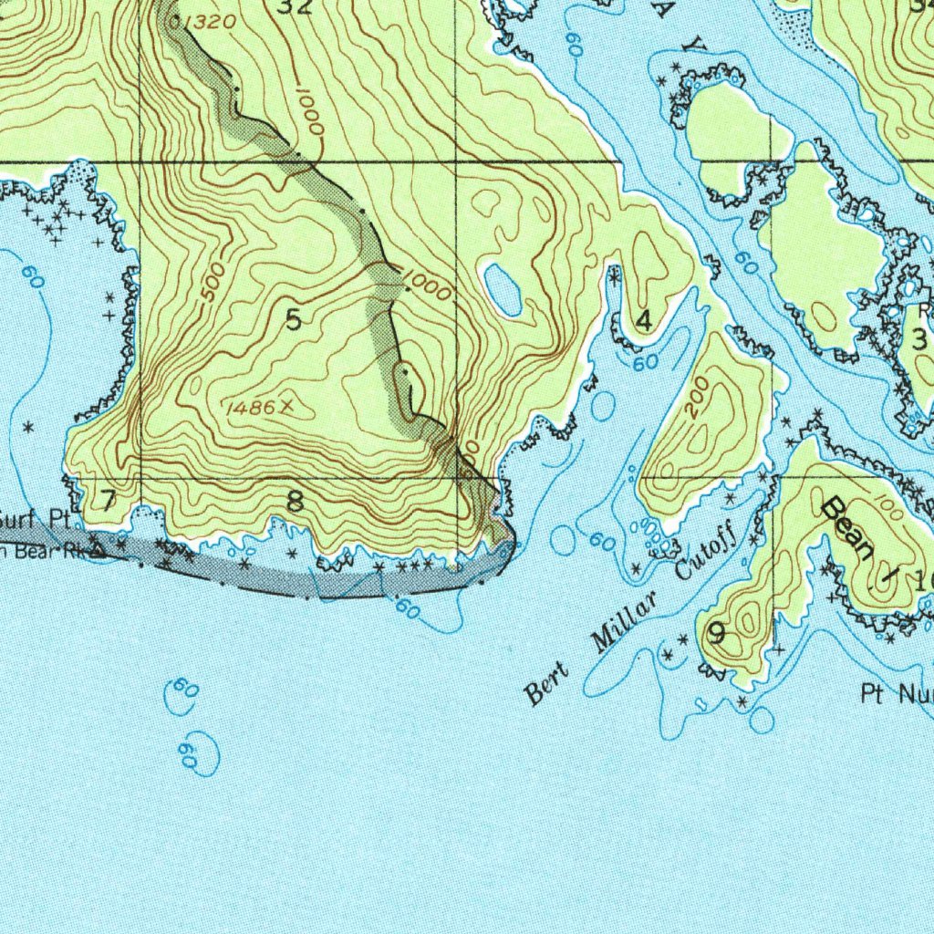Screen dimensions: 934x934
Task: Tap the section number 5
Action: tap(293, 320)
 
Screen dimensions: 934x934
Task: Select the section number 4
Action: tap(644, 321)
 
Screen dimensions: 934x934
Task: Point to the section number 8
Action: tap(295, 501)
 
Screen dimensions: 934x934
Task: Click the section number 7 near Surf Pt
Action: tap(108, 500)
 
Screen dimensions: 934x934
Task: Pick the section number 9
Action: tap(717, 632)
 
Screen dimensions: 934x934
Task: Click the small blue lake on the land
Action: tap(503, 289)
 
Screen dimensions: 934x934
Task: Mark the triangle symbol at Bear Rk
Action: tap(97, 549)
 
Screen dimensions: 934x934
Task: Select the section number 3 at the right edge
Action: tap(918, 339)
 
